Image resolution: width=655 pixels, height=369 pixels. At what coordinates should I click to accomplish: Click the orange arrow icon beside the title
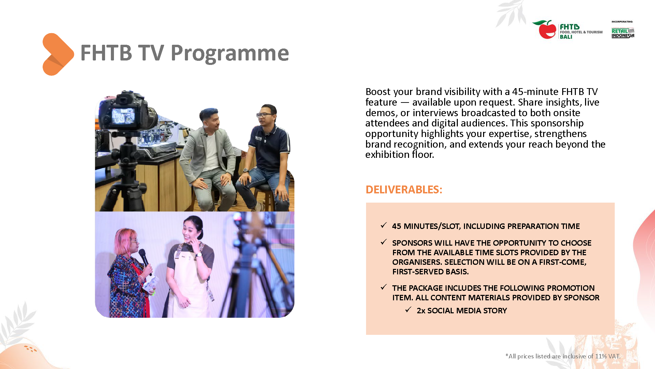pyautogui.click(x=58, y=54)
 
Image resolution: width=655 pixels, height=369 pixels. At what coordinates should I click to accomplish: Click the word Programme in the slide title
pyautogui.click(x=230, y=54)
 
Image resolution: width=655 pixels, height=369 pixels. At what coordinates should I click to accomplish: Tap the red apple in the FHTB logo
pyautogui.click(x=547, y=30)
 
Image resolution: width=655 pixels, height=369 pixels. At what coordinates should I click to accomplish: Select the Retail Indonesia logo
pyautogui.click(x=623, y=33)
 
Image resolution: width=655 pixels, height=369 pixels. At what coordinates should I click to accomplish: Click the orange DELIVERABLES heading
pyautogui.click(x=404, y=190)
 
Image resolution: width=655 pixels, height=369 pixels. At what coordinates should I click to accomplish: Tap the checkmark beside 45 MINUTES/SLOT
pyautogui.click(x=384, y=225)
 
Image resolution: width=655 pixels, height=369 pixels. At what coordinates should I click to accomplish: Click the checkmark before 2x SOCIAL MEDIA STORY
pyautogui.click(x=408, y=310)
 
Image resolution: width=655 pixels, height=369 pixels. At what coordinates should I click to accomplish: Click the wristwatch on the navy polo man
pyautogui.click(x=246, y=170)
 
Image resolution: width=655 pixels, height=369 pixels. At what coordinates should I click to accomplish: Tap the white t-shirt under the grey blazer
pyautogui.click(x=212, y=150)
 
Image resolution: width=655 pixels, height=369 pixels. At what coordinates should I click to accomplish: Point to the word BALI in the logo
pyautogui.click(x=566, y=37)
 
